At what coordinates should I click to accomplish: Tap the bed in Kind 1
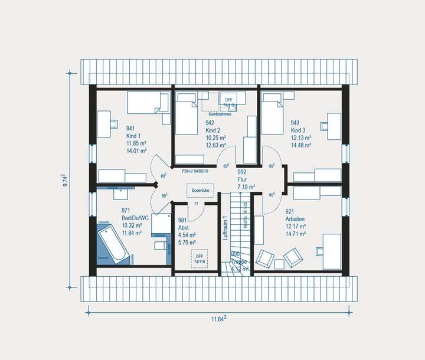[x=148, y=103]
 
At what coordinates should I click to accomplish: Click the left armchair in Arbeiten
[x=264, y=258]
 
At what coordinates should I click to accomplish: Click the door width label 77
[x=195, y=204]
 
